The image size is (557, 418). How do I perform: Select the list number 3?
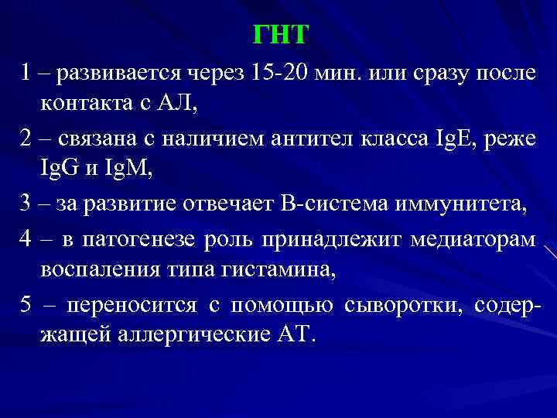(x=26, y=207)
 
